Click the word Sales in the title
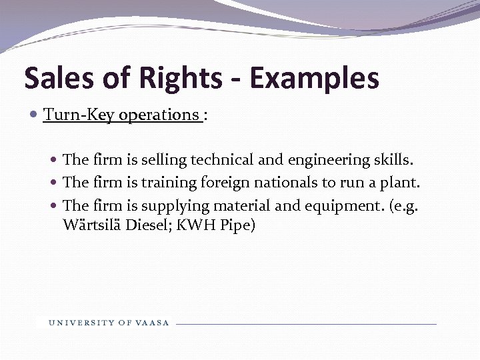point(59,78)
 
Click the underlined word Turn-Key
point(79,115)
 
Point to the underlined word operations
point(161,115)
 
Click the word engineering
point(320,160)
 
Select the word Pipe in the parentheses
point(239,225)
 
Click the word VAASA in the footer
point(153,323)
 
